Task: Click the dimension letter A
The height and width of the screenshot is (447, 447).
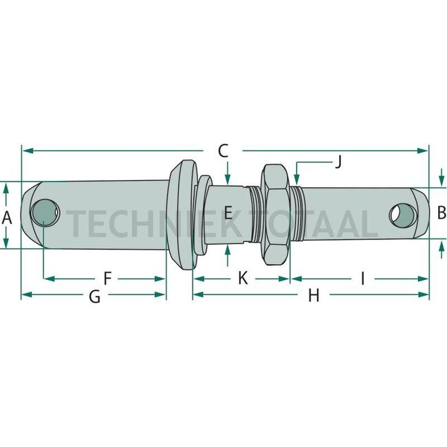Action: [x=7, y=219]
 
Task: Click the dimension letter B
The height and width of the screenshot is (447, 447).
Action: [x=441, y=212]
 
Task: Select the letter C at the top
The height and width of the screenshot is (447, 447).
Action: [x=223, y=151]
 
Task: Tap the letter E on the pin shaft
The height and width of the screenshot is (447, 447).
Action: [x=228, y=212]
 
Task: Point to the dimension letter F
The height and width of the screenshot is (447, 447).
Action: [x=107, y=279]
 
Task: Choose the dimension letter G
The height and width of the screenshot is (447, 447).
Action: [x=95, y=296]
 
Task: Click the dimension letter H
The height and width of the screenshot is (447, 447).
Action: [x=314, y=295]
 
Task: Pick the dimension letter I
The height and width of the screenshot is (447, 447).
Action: [x=362, y=279]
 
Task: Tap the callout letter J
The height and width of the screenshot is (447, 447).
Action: [x=338, y=162]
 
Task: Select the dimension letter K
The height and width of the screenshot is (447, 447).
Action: [x=243, y=278]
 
